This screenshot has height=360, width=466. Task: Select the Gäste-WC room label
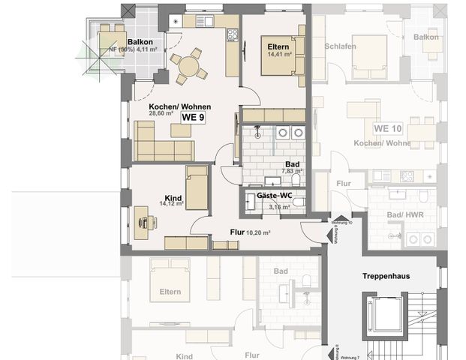click(x=274, y=194)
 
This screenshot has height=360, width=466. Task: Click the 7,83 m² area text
click(x=291, y=171)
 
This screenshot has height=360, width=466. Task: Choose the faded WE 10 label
click(x=389, y=128)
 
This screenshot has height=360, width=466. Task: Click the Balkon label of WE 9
click(x=141, y=42)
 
